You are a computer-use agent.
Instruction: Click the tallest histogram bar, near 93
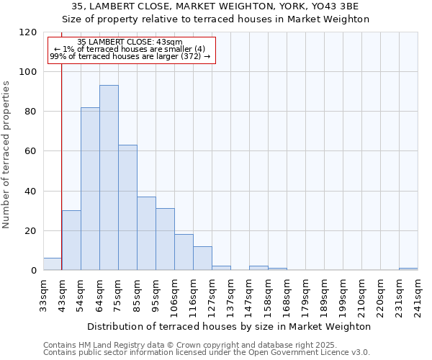coord(109,178)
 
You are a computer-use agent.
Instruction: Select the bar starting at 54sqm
coord(90,189)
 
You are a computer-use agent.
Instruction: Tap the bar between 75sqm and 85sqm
coord(127,207)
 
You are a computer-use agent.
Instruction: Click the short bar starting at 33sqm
coord(53,264)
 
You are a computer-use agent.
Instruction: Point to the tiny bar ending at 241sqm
coord(408,269)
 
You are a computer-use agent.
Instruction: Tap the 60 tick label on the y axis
coord(31,151)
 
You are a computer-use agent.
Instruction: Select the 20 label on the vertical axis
coord(31,231)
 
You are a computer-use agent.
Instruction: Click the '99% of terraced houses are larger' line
coord(130,56)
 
